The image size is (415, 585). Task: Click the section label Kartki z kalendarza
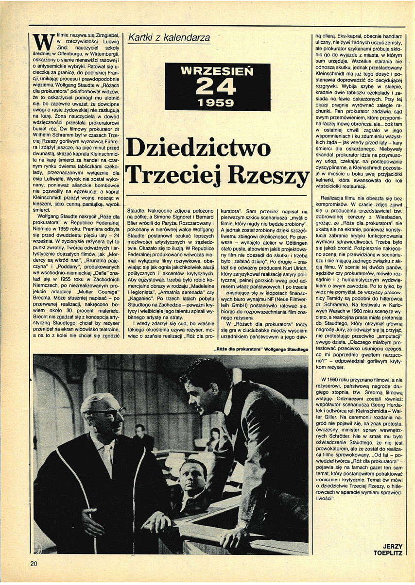pyautogui.click(x=169, y=37)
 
